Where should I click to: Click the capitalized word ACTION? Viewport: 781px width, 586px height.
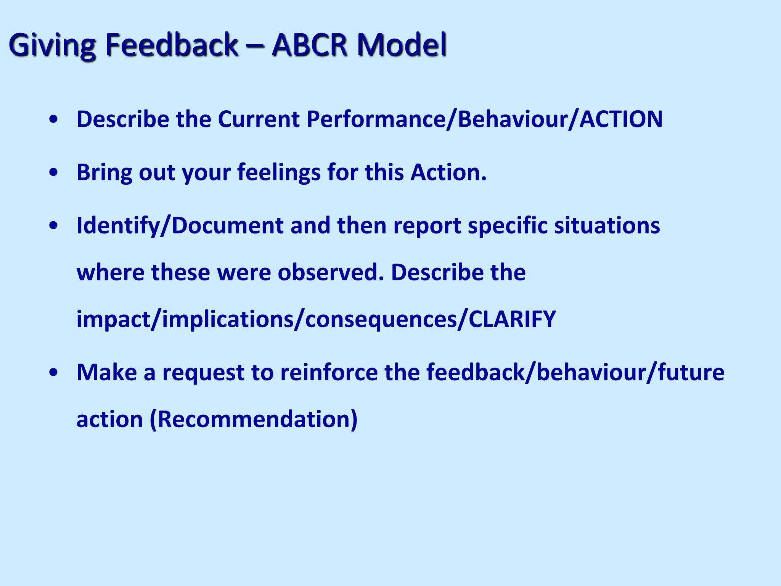(621, 119)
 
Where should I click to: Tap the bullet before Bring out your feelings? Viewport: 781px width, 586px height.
(54, 173)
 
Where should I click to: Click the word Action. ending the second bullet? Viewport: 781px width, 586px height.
(448, 172)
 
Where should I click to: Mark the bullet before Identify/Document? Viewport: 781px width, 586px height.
(54, 226)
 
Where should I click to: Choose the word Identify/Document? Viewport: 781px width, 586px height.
(180, 226)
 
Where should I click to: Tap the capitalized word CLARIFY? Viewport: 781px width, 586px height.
(512, 319)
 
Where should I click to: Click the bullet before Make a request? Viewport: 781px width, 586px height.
(54, 372)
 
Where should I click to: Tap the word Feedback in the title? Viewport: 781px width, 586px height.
(172, 45)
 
